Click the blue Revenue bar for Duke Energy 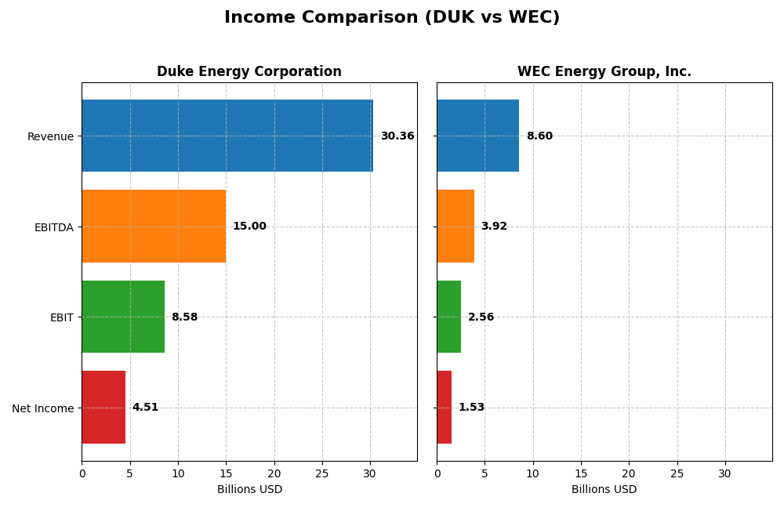[227, 136]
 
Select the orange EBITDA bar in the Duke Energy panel [154, 227]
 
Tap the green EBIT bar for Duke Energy [123, 317]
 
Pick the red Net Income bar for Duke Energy [103, 408]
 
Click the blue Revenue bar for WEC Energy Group [477, 136]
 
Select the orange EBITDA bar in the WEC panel [456, 227]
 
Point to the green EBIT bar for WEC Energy [449, 317]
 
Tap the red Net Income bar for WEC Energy [445, 408]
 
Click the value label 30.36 [397, 136]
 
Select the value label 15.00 [249, 227]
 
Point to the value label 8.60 [539, 136]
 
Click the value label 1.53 [471, 408]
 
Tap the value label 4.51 [145, 408]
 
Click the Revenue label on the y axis [50, 136]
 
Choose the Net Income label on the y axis [42, 408]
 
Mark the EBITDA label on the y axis [53, 227]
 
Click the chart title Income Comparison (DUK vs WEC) [392, 17]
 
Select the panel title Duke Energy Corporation [249, 72]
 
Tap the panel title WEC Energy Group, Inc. [604, 72]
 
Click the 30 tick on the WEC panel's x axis [725, 474]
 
